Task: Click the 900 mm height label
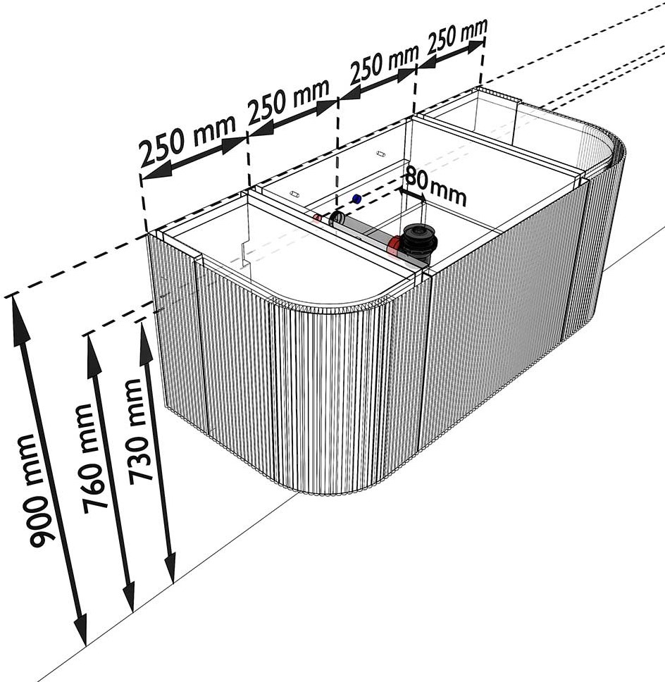pos(37,490)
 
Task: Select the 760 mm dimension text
pos(89,457)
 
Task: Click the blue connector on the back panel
pos(357,199)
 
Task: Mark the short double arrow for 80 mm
pos(412,195)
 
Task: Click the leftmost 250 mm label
pos(187,139)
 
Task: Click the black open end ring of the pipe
pos(336,219)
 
